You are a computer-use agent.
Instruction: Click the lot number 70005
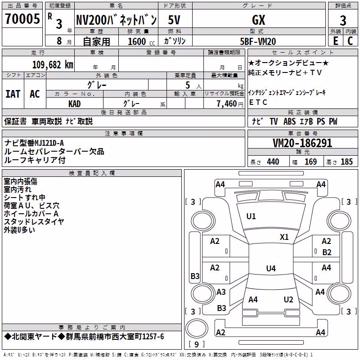[22, 19]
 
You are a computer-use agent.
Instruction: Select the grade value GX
[258, 20]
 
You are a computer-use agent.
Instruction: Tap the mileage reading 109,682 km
[53, 65]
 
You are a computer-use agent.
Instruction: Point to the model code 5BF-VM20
[258, 41]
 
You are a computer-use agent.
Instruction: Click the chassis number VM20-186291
[302, 143]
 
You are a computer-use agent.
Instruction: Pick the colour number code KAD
[74, 104]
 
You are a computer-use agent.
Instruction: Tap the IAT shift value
[13, 94]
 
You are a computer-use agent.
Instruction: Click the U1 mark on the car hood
[251, 216]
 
